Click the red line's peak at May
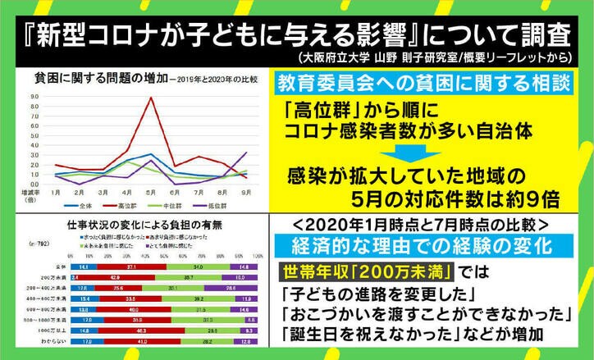point(148,98)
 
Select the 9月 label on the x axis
point(245,192)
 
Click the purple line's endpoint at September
point(245,153)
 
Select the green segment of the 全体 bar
point(197,267)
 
